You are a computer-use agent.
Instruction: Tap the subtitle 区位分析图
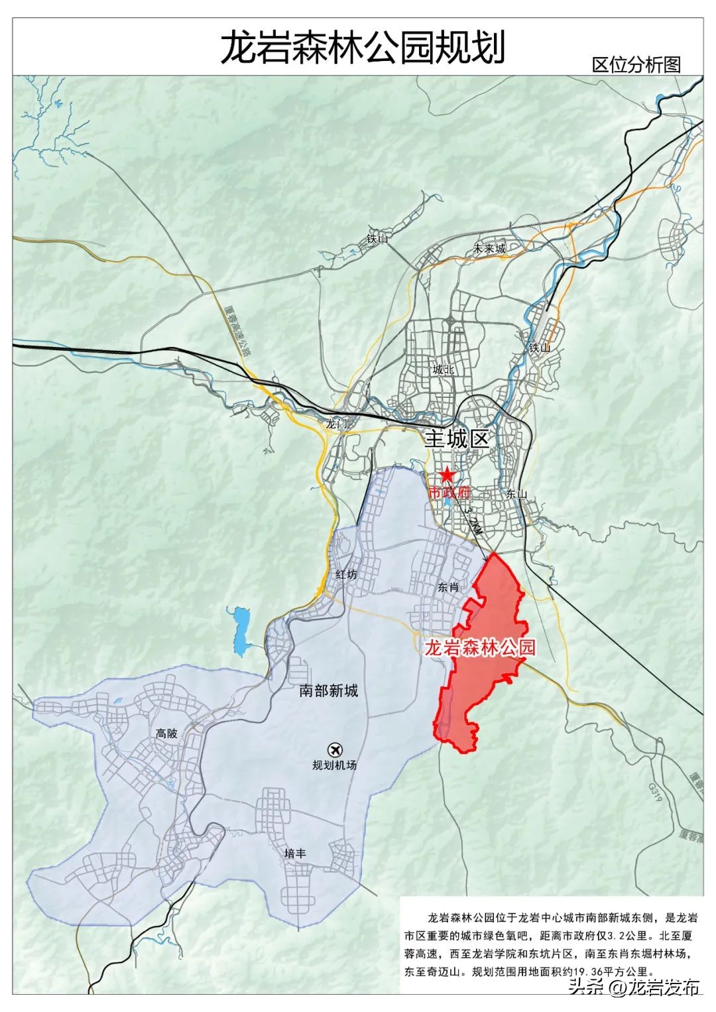[636, 64]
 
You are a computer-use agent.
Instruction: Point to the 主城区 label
[457, 439]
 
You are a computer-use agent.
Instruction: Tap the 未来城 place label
[489, 249]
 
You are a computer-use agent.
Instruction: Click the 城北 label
[443, 370]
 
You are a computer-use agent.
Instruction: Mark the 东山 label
[516, 493]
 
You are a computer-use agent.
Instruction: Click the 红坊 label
[346, 574]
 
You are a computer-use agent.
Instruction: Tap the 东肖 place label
[448, 587]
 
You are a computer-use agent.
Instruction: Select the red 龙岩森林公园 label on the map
[479, 647]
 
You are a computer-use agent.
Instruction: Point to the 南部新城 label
[328, 691]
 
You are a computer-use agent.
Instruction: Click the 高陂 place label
[166, 733]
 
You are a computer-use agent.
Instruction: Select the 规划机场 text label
[335, 765]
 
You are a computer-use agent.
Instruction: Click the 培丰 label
[295, 854]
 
